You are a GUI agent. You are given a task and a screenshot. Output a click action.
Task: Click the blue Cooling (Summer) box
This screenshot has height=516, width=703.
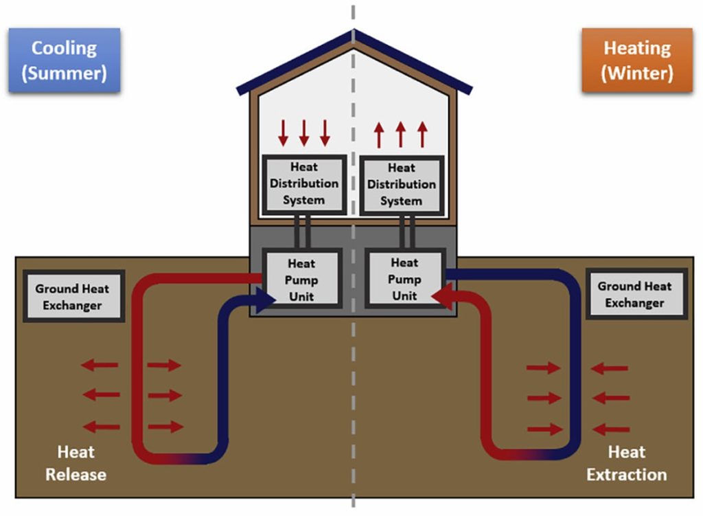[64, 60]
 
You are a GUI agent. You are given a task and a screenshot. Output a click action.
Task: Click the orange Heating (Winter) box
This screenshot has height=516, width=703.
[637, 60]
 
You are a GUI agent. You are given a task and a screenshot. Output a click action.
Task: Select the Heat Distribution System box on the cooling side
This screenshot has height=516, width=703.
[304, 184]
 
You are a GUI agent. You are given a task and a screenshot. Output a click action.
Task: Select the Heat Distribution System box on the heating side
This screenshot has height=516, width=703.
[402, 185]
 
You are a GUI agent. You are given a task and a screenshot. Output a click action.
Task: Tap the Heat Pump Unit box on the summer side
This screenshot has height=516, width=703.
[302, 279]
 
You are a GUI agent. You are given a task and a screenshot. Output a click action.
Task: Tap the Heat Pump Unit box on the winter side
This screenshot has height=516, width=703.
[405, 278]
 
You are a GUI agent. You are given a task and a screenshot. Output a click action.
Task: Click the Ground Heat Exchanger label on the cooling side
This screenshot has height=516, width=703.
[73, 297]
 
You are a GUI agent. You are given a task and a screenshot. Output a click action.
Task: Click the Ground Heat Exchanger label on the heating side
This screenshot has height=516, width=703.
[635, 294]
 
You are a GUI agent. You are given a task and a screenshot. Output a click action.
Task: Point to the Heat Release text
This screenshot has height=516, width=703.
[76, 463]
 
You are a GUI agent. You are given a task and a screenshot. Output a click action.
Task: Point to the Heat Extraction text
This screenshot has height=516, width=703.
[627, 463]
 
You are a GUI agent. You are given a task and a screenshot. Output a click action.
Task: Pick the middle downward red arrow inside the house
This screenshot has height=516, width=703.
[304, 133]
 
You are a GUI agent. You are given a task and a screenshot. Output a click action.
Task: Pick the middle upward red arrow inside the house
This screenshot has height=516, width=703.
[401, 135]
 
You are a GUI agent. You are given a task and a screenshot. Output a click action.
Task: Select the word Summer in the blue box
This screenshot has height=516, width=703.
[65, 73]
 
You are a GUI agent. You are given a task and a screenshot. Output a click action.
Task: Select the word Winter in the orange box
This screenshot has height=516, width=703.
[637, 73]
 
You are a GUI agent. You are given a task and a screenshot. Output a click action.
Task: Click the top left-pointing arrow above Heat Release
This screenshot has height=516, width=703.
[100, 364]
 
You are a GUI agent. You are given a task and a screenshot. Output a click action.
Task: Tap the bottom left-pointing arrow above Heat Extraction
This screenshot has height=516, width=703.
[611, 429]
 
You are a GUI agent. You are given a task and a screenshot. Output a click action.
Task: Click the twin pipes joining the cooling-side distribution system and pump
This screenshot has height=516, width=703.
[302, 231]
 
